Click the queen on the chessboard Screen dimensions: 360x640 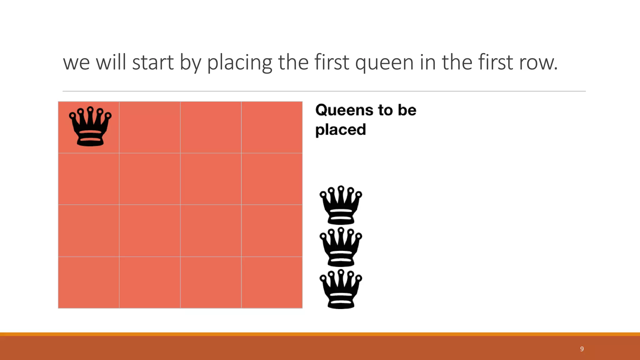(90, 127)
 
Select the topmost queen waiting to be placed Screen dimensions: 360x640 (341, 205)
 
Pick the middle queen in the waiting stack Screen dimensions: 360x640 (341, 247)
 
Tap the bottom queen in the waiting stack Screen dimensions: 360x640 (341, 289)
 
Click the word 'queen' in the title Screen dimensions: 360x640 (384, 62)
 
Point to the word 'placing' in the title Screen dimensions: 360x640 (239, 62)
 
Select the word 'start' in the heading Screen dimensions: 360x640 (153, 62)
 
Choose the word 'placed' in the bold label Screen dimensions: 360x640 (341, 130)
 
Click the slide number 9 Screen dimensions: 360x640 (582, 349)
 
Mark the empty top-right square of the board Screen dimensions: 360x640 (272, 127)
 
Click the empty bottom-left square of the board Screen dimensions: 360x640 (89, 282)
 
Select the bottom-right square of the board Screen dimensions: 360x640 (272, 282)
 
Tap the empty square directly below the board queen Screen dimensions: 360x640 (89, 179)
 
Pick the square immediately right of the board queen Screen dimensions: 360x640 (150, 127)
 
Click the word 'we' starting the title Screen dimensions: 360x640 (76, 62)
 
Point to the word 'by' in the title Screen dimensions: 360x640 (190, 62)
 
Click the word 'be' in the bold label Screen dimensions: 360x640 (407, 110)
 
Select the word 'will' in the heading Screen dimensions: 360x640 (111, 62)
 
